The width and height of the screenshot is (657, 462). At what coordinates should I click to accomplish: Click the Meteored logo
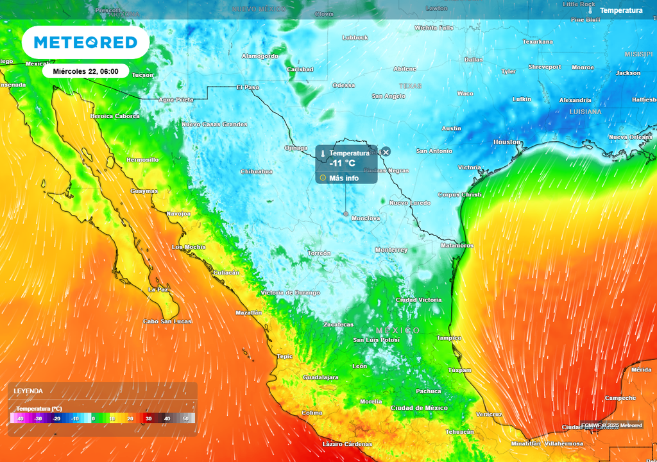point(85,42)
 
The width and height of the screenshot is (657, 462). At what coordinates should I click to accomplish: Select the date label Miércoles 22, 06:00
point(85,71)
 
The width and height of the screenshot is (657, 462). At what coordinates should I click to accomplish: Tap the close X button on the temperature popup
point(386,152)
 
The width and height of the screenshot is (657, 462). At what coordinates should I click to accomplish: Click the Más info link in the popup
point(343,178)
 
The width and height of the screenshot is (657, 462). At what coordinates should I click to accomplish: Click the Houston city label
point(506,142)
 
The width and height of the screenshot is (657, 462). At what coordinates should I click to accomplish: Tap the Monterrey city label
point(391,250)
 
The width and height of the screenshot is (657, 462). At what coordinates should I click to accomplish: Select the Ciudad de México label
point(419,408)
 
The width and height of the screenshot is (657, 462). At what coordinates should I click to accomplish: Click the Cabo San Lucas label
point(167,321)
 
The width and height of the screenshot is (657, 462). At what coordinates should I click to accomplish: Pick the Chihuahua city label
point(256,171)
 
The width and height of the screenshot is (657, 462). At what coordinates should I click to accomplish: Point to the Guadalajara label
point(320,377)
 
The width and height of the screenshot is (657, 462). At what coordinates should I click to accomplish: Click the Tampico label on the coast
point(448,338)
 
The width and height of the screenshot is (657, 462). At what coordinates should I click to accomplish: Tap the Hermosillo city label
point(142,159)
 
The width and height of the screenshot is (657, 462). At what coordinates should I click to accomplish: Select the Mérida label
point(641,370)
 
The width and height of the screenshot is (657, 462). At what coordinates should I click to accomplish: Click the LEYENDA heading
point(29,391)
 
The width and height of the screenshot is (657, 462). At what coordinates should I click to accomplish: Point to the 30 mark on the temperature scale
point(148,418)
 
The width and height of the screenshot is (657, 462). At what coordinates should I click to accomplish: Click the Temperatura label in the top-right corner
point(620,10)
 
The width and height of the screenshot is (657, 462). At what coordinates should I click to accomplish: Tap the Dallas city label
point(474,59)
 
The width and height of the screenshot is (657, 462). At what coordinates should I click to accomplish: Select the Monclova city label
point(365,218)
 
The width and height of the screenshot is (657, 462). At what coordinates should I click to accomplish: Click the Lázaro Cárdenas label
point(346,444)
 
